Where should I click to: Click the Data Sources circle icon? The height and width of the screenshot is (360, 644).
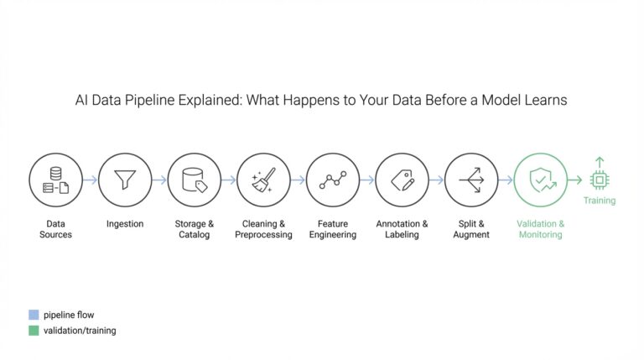[x=56, y=180]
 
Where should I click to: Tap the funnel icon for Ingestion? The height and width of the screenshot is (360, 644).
[x=125, y=180]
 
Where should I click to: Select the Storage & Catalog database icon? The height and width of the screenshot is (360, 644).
[x=195, y=180]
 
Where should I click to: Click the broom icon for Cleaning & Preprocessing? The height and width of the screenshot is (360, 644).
[x=263, y=180]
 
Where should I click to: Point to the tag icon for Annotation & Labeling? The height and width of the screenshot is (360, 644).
[x=402, y=180]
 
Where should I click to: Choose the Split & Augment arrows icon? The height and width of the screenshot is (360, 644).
[x=471, y=180]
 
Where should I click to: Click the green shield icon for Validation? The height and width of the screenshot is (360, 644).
[x=540, y=180]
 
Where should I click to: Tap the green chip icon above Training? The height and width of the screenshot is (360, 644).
[x=600, y=179]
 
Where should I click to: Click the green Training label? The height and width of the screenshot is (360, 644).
[x=600, y=201]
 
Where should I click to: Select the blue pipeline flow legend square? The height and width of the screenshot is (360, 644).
[x=34, y=315]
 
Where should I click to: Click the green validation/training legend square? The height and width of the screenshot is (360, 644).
[x=34, y=331]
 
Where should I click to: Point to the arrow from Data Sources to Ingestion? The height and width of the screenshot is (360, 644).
[x=91, y=180]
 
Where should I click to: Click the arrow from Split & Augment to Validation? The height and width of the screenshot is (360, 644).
[x=506, y=180]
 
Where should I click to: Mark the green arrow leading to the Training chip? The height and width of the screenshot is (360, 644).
[x=575, y=180]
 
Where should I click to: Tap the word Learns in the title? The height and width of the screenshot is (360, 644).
[x=545, y=100]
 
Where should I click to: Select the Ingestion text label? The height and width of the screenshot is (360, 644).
[x=125, y=224]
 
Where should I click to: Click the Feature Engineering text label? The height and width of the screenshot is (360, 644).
[x=333, y=229]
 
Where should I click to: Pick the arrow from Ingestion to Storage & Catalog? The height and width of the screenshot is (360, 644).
[x=159, y=180]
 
